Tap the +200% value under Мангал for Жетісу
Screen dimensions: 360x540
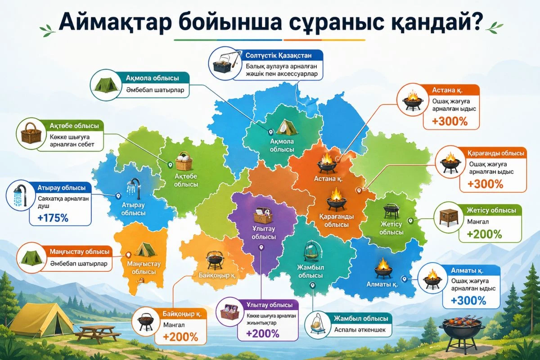coord(484,234)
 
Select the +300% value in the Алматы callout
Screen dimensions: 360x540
coord(468,301)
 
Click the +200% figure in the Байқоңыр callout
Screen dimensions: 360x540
coord(181,336)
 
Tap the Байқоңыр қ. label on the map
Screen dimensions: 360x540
coord(217,274)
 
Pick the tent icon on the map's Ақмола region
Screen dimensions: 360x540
coord(286,127)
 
